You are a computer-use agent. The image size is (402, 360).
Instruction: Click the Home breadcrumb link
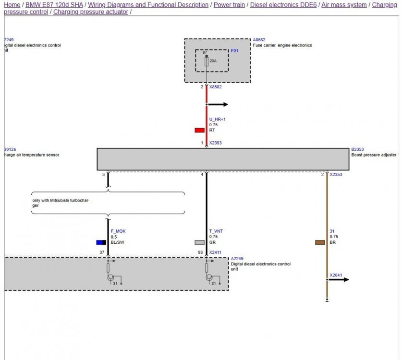pyautogui.click(x=12, y=5)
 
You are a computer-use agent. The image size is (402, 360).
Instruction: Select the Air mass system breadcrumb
pyautogui.click(x=344, y=5)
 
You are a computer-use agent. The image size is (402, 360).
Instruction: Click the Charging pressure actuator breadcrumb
pyautogui.click(x=91, y=12)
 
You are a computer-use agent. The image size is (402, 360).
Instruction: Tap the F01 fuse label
pyautogui.click(x=234, y=50)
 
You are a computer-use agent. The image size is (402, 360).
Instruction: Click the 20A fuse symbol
pyautogui.click(x=207, y=62)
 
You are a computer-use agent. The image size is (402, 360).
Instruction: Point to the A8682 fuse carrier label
pyautogui.click(x=259, y=40)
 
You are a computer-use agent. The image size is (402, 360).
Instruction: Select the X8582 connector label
pyautogui.click(x=216, y=87)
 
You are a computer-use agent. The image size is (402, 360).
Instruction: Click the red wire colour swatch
pyautogui.click(x=199, y=130)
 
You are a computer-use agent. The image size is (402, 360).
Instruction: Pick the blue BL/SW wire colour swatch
pyautogui.click(x=101, y=242)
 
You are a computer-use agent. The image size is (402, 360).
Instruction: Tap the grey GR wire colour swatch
pyautogui.click(x=199, y=242)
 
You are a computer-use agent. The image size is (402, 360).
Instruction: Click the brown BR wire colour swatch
pyautogui.click(x=320, y=242)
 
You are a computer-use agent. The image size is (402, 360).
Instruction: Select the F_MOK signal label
pyautogui.click(x=118, y=231)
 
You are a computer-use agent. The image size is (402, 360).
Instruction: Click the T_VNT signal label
pyautogui.click(x=216, y=231)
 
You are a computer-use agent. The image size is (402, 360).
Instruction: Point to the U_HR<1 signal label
pyautogui.click(x=217, y=119)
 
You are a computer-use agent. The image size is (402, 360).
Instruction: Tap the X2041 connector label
pyautogui.click(x=336, y=276)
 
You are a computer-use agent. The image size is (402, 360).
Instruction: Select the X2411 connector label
pyautogui.click(x=215, y=252)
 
